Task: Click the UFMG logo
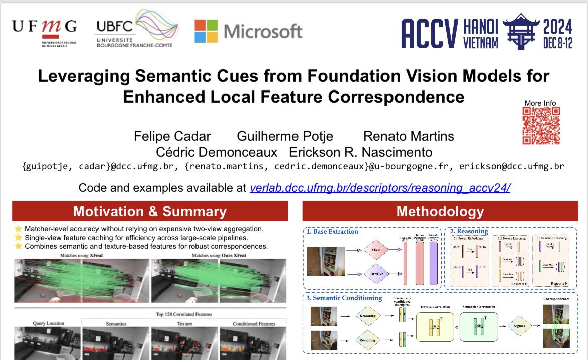click(44, 30)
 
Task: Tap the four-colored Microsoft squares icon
click(206, 31)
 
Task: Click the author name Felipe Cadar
click(172, 136)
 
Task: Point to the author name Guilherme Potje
click(285, 136)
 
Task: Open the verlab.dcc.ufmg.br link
click(380, 188)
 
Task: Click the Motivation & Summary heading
click(150, 211)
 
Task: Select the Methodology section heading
click(440, 211)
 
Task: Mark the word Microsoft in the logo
click(263, 31)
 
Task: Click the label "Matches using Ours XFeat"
click(218, 256)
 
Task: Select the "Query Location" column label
click(48, 323)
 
